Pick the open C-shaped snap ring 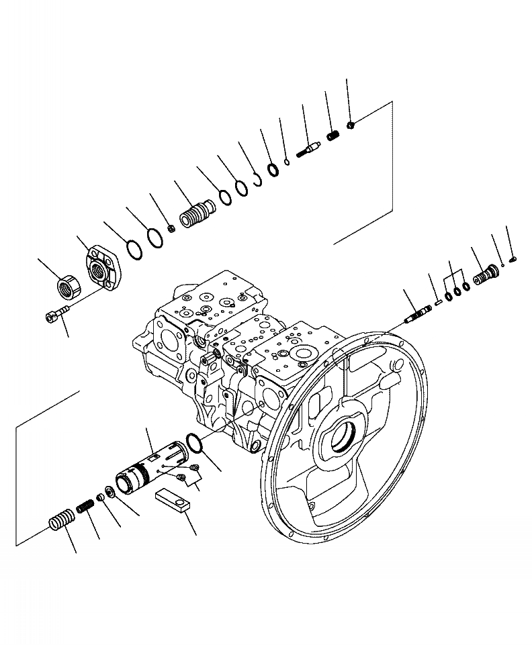[x=256, y=179]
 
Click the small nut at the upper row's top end [x=351, y=123]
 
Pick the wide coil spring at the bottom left [x=60, y=520]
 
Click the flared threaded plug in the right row [x=485, y=275]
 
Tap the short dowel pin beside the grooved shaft [x=437, y=301]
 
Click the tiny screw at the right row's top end [x=513, y=258]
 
